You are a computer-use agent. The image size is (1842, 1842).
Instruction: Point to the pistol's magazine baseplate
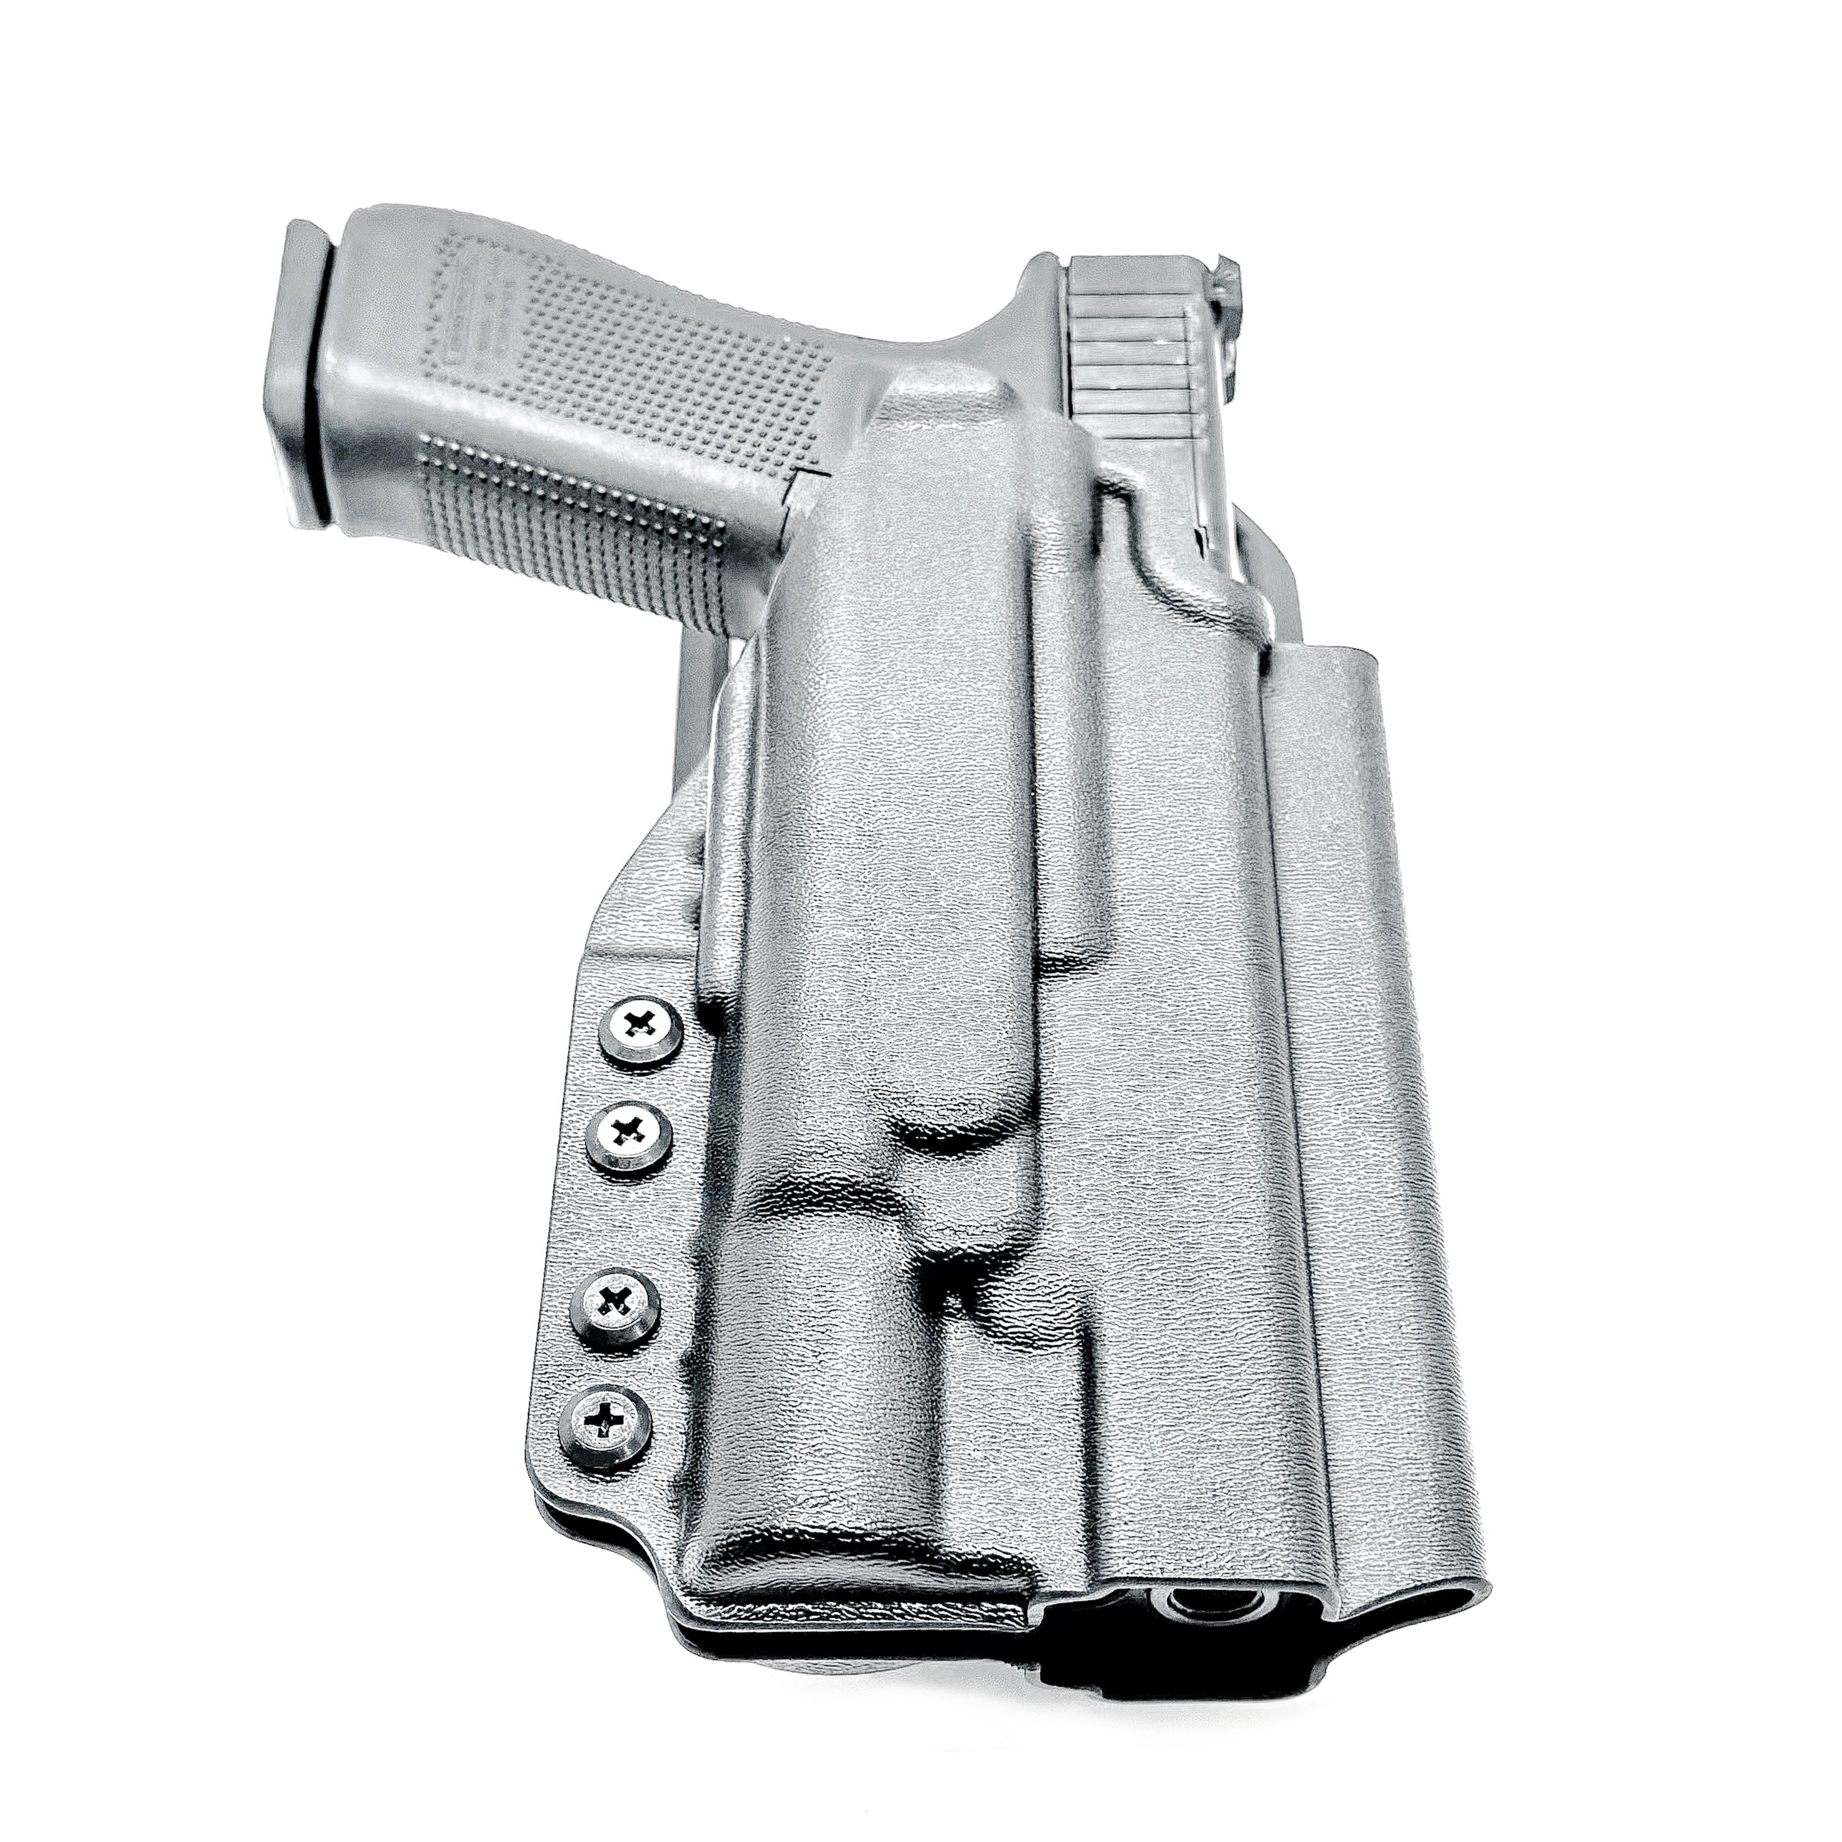307,381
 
